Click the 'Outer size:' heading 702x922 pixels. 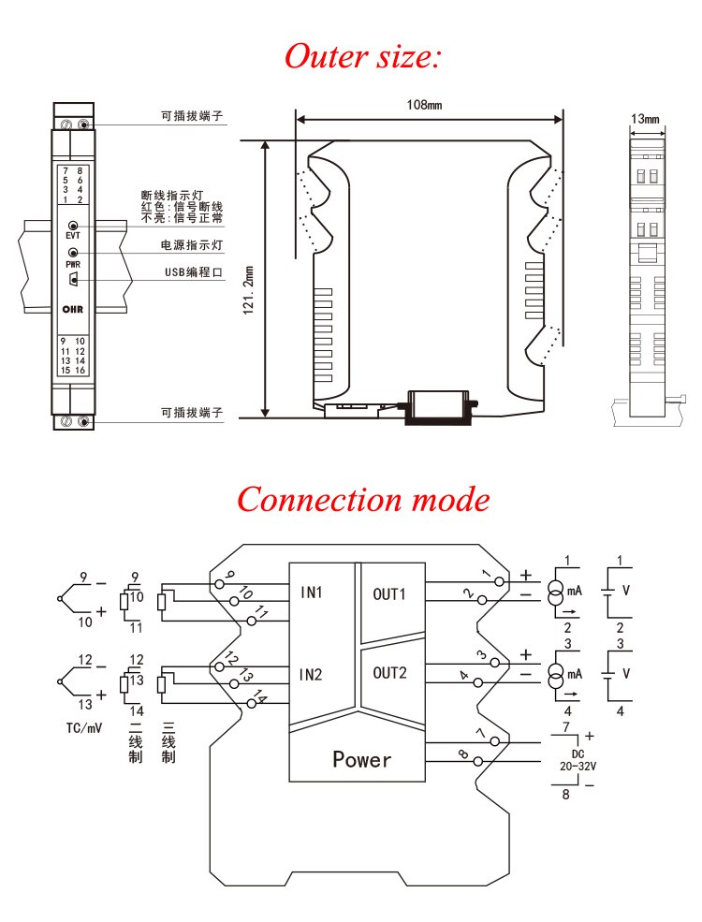[362, 57]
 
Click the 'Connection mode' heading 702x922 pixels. [362, 499]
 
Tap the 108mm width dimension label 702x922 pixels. [423, 105]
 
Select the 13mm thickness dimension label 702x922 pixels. [645, 119]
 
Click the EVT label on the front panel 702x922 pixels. [73, 236]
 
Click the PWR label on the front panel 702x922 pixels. [73, 265]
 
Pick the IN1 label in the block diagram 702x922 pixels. [311, 593]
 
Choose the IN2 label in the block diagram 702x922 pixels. [311, 673]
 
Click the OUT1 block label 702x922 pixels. [389, 593]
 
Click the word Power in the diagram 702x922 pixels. [362, 759]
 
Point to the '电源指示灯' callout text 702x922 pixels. [193, 244]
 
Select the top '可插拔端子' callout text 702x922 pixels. [192, 117]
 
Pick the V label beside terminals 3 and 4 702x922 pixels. [626, 673]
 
